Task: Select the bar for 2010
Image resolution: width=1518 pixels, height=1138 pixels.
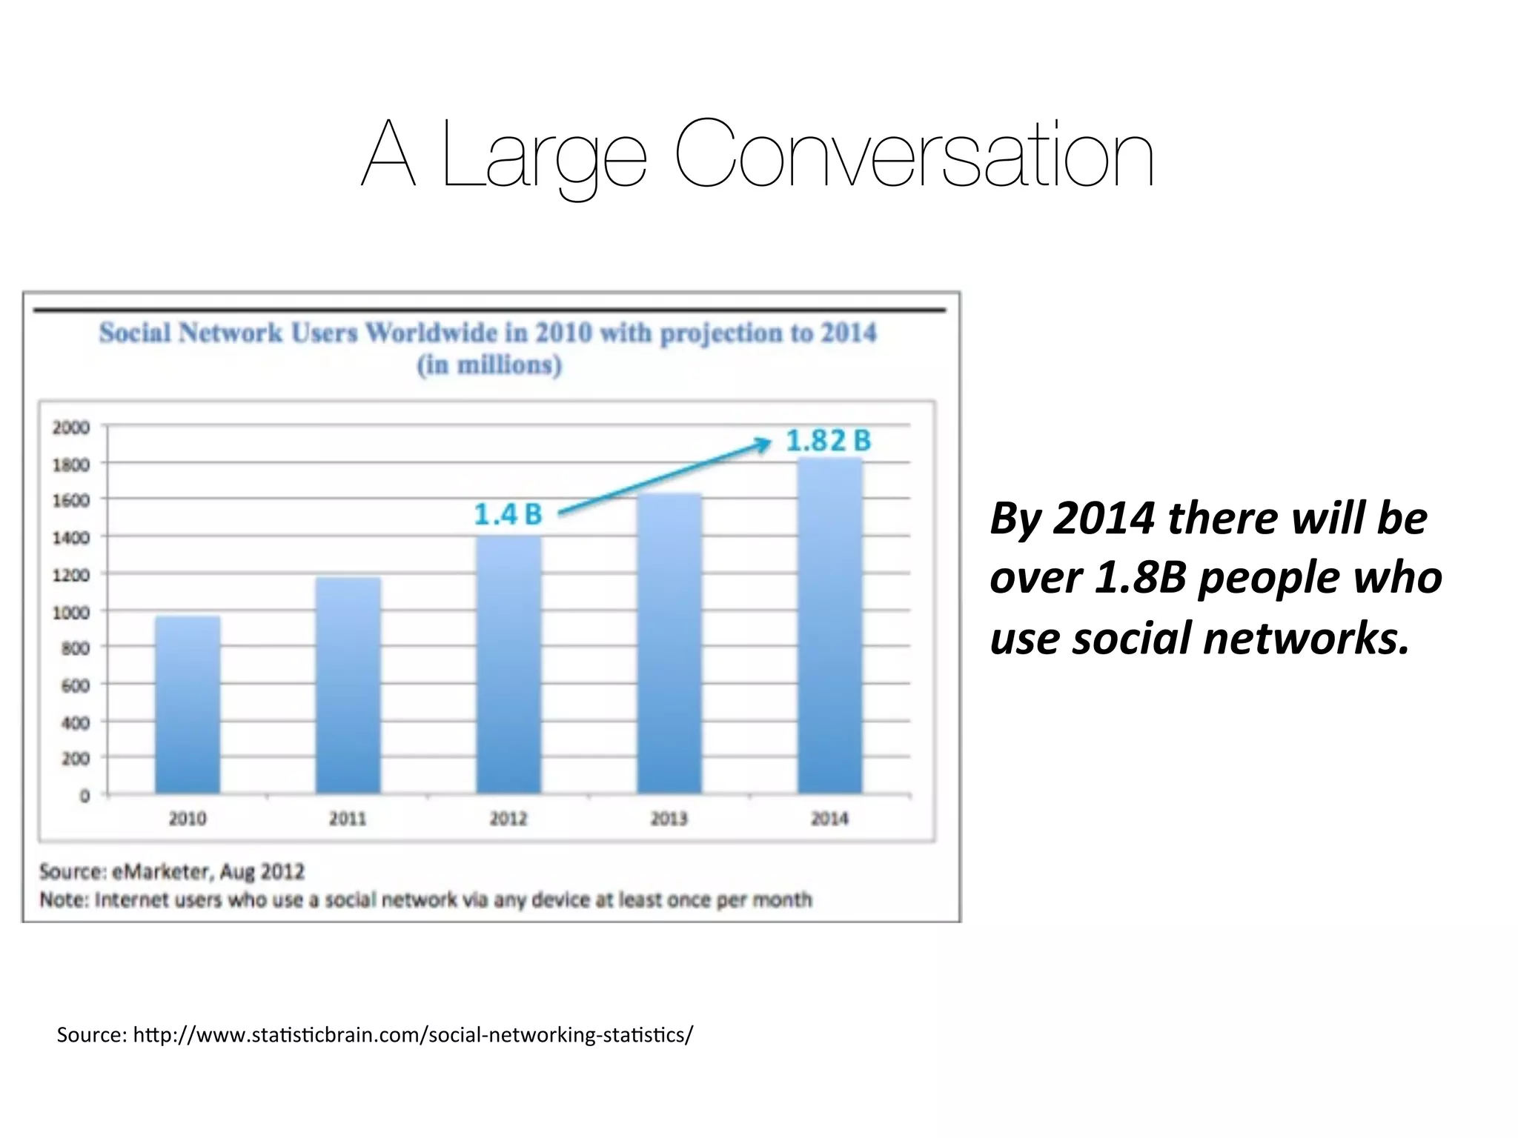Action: [188, 705]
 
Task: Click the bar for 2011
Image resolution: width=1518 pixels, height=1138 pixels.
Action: [348, 686]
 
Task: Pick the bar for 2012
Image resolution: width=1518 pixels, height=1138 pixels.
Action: [508, 665]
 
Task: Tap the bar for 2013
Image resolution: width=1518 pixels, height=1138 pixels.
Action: [669, 644]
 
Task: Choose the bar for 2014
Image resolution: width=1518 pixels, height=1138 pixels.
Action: [830, 626]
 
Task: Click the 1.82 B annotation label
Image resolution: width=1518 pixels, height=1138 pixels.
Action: [828, 441]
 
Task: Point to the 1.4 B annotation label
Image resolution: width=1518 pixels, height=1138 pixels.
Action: [508, 514]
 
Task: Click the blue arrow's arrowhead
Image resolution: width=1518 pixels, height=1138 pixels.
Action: [763, 443]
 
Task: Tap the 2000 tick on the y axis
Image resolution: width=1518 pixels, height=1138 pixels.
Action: [71, 427]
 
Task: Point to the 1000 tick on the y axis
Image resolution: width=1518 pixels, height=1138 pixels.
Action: [71, 612]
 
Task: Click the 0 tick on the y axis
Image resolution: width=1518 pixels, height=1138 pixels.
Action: [84, 796]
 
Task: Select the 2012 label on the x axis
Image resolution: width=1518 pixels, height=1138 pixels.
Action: [508, 819]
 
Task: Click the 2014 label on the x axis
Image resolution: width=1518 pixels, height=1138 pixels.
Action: [829, 819]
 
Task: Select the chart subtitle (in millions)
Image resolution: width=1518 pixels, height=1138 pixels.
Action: [489, 365]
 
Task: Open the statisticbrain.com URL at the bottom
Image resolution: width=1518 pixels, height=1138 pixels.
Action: [413, 1034]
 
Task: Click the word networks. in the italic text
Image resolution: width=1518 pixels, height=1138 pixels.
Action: [1306, 639]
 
